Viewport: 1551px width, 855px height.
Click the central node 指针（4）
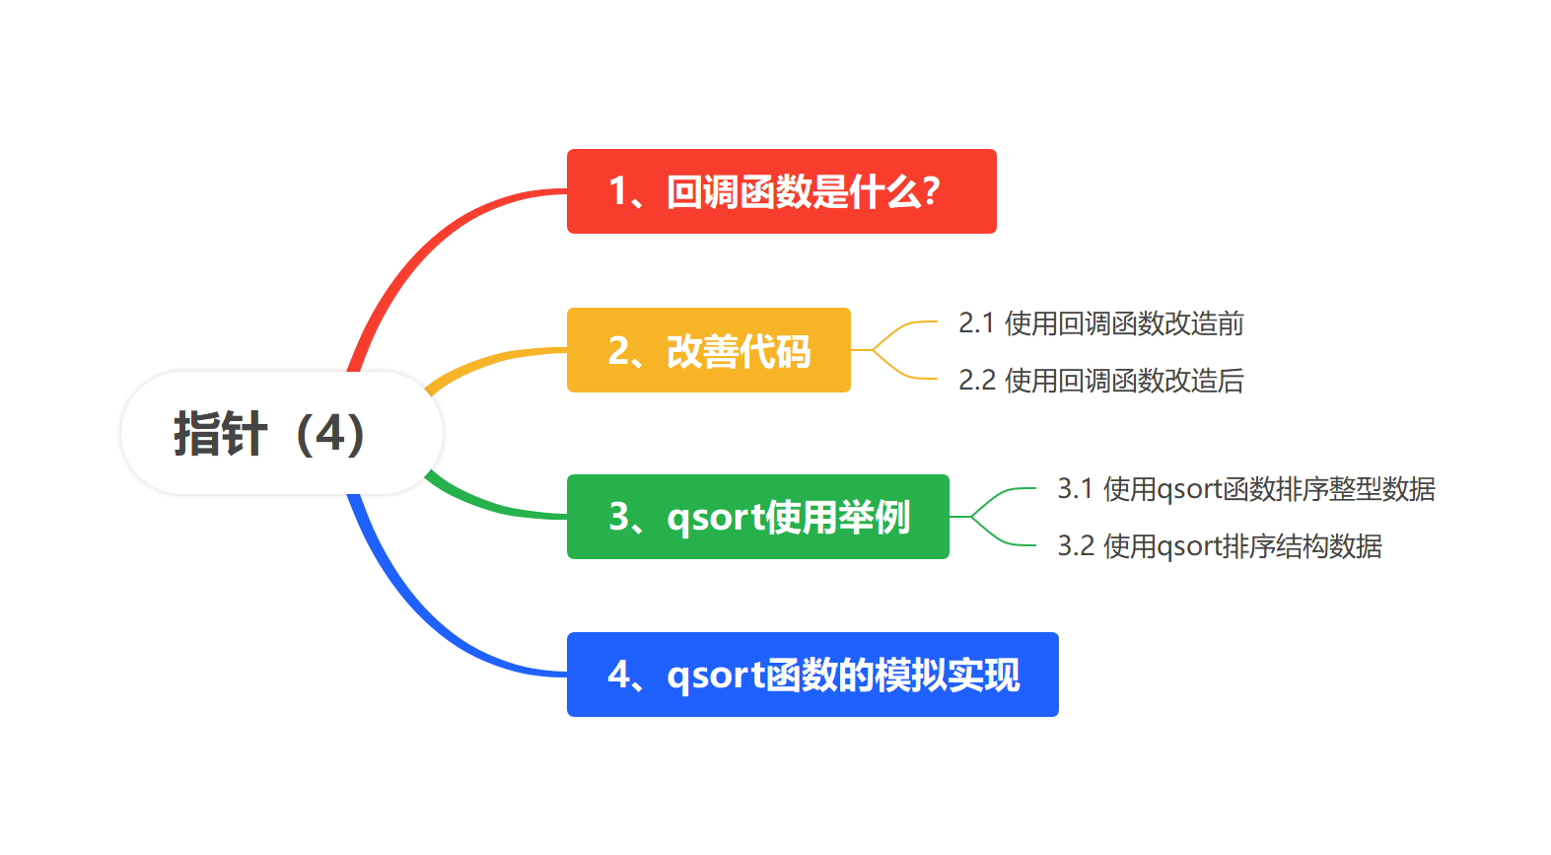(281, 433)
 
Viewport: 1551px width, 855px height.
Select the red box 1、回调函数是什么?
(781, 191)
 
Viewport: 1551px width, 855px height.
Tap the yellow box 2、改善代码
(708, 350)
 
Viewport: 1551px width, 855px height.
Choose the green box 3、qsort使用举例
(757, 517)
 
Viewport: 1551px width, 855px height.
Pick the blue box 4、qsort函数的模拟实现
(811, 675)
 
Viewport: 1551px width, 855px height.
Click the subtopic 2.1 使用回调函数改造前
(1100, 323)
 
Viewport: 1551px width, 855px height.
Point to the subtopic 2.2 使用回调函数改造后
(1100, 381)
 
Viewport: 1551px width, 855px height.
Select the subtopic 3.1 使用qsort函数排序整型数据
(1245, 489)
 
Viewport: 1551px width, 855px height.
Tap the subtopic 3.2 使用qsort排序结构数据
(1219, 546)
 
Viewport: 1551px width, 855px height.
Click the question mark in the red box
(929, 191)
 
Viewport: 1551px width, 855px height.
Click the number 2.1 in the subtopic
(975, 323)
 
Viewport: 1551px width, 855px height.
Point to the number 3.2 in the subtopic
(1075, 546)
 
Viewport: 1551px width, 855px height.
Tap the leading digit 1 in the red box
(618, 191)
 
